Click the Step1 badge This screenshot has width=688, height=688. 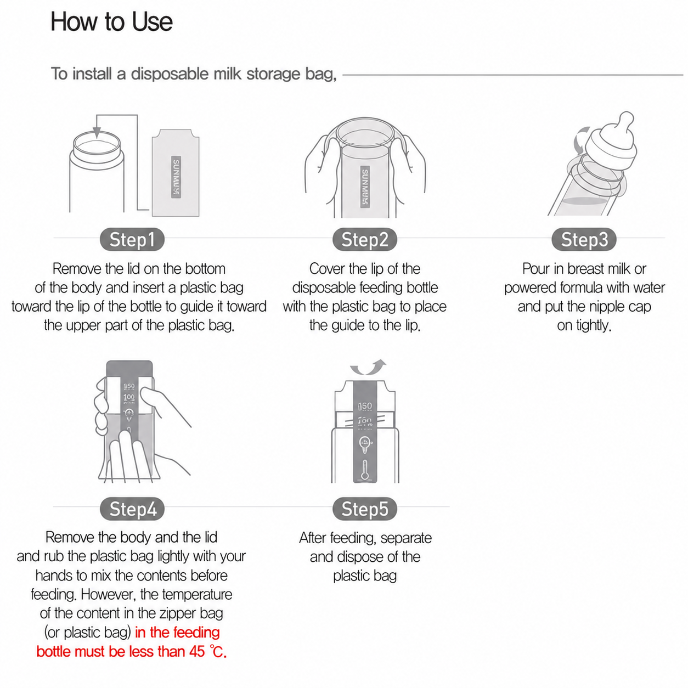click(132, 239)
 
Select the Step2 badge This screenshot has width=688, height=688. click(364, 239)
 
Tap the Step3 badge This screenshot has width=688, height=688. click(584, 239)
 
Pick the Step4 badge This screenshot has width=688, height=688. click(132, 509)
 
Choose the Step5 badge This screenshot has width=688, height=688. click(364, 509)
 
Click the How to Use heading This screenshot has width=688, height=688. click(111, 22)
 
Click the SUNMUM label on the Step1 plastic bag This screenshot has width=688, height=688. click(176, 176)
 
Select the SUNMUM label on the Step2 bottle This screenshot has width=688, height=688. click(365, 187)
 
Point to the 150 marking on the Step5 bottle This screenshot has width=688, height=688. click(364, 406)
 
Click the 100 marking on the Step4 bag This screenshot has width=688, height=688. click(129, 397)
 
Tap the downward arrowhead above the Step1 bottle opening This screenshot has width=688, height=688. click(97, 133)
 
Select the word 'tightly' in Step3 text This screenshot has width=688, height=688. click(593, 325)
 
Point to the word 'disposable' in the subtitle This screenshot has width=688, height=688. click(170, 74)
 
